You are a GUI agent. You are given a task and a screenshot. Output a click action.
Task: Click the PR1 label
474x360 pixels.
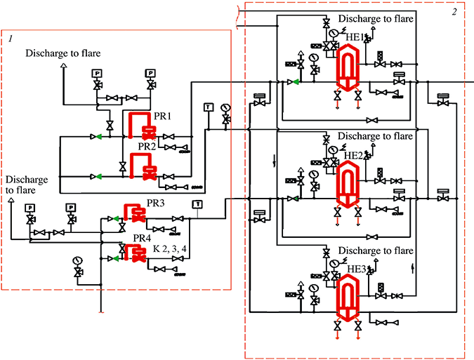pos(163,114)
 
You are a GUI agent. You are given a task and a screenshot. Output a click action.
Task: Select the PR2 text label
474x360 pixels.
pos(147,147)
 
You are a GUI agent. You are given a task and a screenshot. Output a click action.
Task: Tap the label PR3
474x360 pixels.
pos(155,204)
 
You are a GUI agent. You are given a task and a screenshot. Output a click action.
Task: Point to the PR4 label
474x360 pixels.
pos(143,239)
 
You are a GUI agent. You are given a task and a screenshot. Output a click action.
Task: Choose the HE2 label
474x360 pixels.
pos(356,154)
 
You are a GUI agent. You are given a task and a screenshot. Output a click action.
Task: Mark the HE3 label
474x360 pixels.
pos(356,269)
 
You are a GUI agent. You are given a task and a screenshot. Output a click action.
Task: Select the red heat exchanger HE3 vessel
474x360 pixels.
pos(348,298)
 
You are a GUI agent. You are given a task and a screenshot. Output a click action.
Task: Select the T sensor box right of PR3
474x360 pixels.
pos(197,204)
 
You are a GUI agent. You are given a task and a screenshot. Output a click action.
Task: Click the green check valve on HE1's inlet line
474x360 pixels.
pos(295,82)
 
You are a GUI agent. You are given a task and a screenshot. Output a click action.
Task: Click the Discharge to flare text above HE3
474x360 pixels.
pos(375,251)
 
